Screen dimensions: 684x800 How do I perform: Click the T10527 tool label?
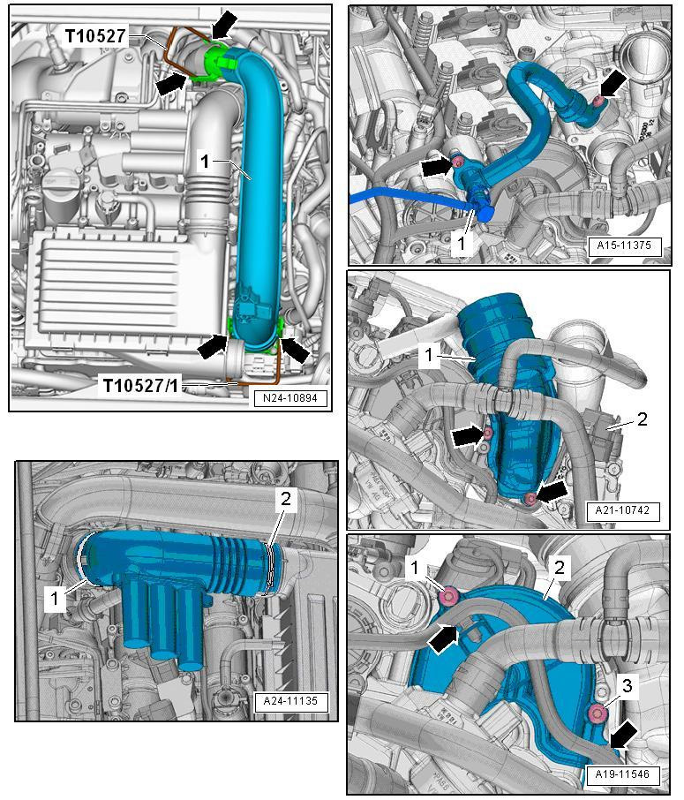click(95, 35)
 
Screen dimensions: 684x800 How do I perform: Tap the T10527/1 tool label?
click(141, 386)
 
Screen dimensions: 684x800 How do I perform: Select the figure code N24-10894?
click(290, 398)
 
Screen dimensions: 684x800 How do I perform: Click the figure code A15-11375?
click(624, 245)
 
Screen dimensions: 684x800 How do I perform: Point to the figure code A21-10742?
click(622, 510)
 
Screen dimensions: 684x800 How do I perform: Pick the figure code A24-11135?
click(290, 701)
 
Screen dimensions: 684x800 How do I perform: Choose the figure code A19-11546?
click(622, 774)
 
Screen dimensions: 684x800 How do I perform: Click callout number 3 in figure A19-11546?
click(627, 686)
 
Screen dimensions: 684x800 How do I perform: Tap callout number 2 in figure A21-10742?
click(643, 419)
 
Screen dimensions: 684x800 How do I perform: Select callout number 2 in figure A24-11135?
click(286, 499)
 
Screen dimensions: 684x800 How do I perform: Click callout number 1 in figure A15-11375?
click(461, 244)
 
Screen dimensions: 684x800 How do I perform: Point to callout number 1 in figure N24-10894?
click(205, 162)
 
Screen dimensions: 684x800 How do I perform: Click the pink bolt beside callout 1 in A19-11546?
click(449, 595)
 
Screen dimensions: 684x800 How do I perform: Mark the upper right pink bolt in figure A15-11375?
click(598, 102)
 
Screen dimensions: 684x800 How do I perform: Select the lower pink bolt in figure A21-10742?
click(531, 499)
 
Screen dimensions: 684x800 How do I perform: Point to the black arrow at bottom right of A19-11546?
click(622, 736)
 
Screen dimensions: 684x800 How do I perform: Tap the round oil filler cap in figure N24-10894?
click(53, 181)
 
